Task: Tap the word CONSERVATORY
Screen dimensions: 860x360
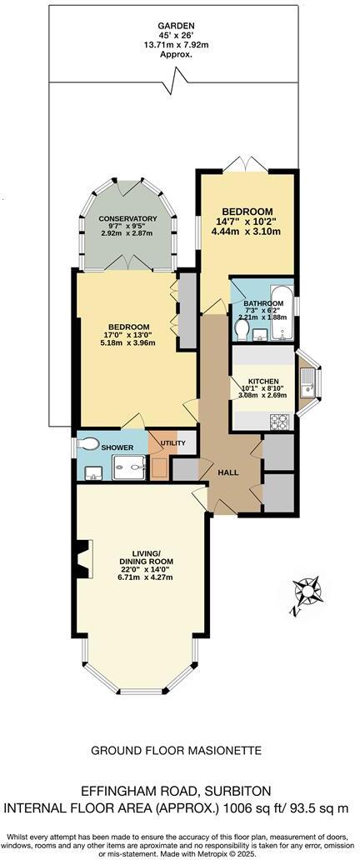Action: pyautogui.click(x=122, y=219)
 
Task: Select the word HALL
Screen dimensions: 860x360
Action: pyautogui.click(x=228, y=472)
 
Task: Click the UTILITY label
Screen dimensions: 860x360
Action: pyautogui.click(x=173, y=442)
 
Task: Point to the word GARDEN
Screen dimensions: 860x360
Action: pyautogui.click(x=173, y=26)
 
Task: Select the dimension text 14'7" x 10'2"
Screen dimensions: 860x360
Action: pyautogui.click(x=245, y=220)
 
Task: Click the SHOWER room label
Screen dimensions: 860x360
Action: pyautogui.click(x=117, y=447)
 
